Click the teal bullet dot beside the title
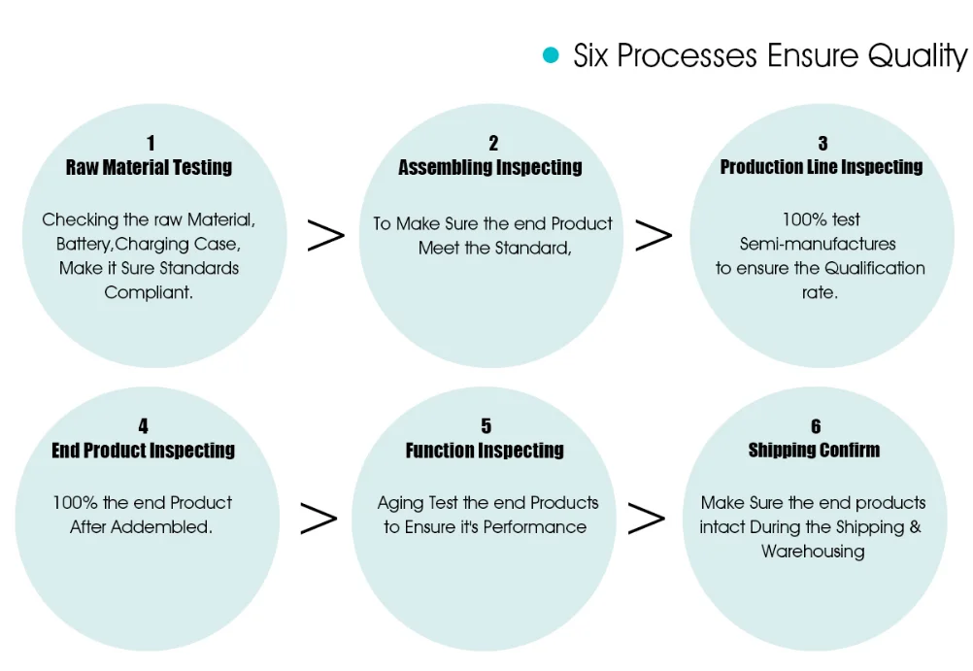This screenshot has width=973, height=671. (x=551, y=55)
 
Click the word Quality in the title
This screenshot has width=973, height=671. (x=918, y=55)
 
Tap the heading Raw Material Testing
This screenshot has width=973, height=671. (x=149, y=167)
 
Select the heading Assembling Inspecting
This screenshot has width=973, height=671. (x=490, y=167)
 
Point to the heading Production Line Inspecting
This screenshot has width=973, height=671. (x=822, y=167)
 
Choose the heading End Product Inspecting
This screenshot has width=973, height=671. (x=144, y=451)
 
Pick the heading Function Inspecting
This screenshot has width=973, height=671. (x=485, y=451)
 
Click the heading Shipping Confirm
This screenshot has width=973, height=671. (x=815, y=451)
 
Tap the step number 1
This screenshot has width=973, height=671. (x=151, y=144)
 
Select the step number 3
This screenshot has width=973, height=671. (x=822, y=144)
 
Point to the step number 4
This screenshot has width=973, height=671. (x=144, y=426)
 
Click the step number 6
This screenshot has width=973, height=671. (x=816, y=426)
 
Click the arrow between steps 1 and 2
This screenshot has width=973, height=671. (x=326, y=236)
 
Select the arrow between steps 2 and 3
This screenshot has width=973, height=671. (x=654, y=236)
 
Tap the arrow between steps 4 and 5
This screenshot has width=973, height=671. (x=319, y=520)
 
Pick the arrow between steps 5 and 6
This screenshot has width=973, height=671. (x=647, y=520)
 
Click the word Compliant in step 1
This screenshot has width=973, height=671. (x=149, y=292)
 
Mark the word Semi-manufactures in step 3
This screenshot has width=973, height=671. (x=818, y=244)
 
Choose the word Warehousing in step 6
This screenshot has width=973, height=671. (x=813, y=552)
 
